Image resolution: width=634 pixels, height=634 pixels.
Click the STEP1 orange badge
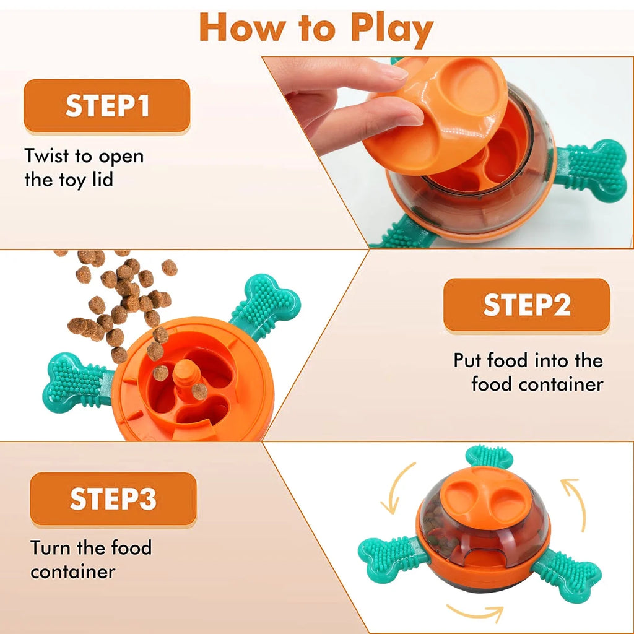(106, 105)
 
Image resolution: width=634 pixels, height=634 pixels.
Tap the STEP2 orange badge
(526, 305)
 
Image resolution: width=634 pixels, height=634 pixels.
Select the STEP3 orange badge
(113, 499)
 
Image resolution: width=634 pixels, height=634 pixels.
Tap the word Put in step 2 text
(468, 360)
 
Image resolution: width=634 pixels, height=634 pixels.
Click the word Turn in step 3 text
(51, 548)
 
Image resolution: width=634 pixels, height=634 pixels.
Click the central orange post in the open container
(184, 378)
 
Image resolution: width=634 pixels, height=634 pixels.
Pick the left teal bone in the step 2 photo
(74, 381)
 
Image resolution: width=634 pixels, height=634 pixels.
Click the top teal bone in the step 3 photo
(489, 457)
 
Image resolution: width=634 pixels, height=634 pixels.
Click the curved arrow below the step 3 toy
(474, 613)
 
